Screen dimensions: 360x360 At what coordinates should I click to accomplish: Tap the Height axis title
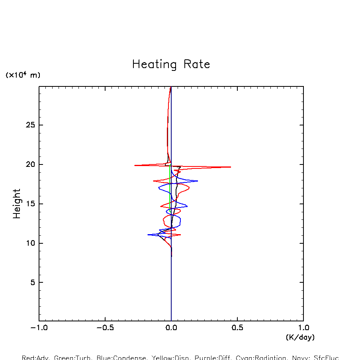tap(17, 203)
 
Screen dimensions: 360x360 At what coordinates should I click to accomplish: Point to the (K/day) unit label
tap(300, 337)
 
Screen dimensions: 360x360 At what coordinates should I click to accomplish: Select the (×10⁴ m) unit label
tap(23, 75)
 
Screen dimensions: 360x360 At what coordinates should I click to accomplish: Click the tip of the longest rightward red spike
tap(231, 167)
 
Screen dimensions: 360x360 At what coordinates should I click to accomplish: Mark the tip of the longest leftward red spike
tap(135, 165)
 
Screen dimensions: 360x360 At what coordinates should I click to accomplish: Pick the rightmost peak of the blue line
tap(198, 181)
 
